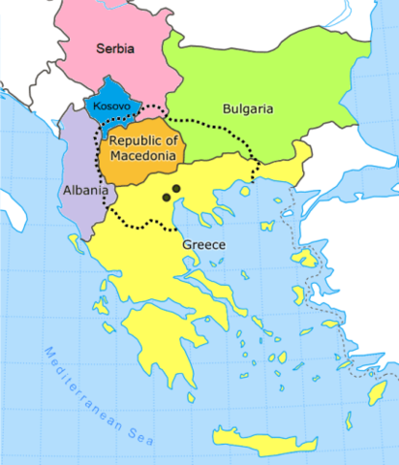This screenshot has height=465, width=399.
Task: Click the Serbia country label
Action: pos(114,46)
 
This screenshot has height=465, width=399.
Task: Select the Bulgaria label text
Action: pos(247,109)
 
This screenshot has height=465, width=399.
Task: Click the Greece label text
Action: pos(203,245)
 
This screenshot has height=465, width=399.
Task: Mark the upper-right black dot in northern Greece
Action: pos(176,188)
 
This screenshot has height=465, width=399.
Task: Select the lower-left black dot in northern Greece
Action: pos(167,198)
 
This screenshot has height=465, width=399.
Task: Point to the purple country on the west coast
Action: pos(79,165)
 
